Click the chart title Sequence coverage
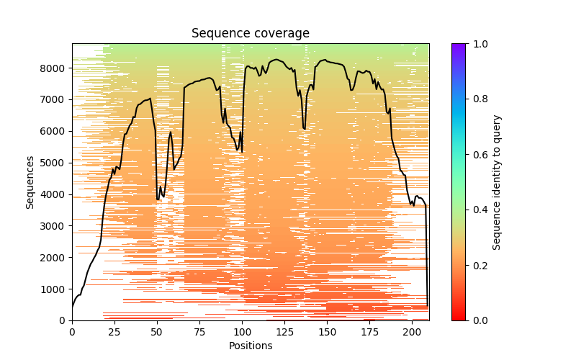click(250, 33)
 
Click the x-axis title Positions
click(250, 346)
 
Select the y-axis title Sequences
click(30, 182)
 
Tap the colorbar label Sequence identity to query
click(497, 182)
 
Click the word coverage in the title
click(284, 33)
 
